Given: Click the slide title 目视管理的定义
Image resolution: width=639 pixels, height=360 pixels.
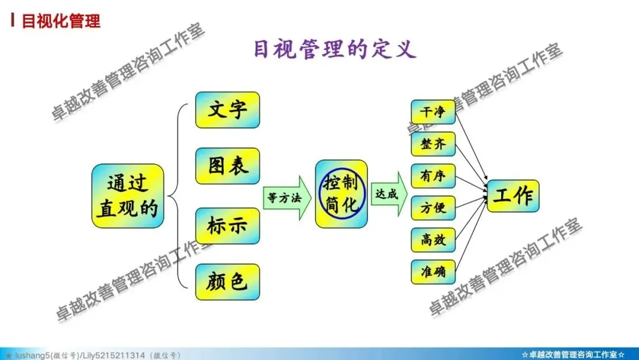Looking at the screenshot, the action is [334, 49].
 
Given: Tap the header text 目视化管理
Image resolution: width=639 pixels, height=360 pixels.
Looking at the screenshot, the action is [61, 22].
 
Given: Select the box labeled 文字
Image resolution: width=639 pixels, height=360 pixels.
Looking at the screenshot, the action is [227, 110].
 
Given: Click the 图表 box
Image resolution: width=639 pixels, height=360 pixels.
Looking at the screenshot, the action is [227, 166].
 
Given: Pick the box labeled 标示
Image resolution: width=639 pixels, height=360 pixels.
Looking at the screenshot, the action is [227, 226].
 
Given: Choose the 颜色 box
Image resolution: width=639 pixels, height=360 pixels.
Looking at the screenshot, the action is [227, 282].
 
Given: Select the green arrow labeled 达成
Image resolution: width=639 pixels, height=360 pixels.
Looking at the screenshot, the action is [388, 194].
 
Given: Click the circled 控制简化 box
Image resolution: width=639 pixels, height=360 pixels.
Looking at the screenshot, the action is [341, 193].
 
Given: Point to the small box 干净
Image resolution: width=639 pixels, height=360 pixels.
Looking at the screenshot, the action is [433, 112].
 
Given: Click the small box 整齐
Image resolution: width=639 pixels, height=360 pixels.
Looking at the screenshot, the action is [433, 144].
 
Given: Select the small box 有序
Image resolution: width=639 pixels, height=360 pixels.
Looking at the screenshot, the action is [433, 176].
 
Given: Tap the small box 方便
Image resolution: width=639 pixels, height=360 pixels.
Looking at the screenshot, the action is [433, 208].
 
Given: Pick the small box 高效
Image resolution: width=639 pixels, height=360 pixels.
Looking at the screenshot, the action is [433, 240].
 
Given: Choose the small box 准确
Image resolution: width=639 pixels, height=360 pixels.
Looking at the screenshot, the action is [433, 272].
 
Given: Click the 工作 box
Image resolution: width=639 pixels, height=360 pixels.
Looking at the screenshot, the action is [512, 196].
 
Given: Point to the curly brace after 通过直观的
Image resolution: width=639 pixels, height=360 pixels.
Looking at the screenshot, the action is [176, 195].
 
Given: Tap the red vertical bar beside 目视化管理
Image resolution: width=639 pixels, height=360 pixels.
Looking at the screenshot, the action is [12, 21].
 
